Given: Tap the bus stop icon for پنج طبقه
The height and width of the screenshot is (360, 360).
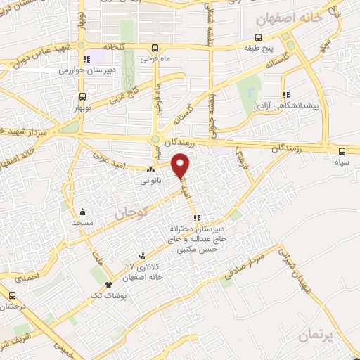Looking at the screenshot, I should [259, 37].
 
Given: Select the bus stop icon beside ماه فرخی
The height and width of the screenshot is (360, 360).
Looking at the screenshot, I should [155, 49].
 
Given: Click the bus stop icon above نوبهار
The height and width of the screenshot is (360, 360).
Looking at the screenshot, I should [83, 96].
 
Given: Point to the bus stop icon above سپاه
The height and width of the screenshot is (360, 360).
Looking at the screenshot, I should [342, 150].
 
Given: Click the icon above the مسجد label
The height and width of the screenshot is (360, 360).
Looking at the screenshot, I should [82, 211].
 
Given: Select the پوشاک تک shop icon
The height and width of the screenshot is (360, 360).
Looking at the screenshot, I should [108, 285].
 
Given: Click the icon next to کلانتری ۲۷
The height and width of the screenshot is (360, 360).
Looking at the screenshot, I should [143, 256].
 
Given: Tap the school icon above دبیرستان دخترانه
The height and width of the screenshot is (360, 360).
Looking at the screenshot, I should [197, 218].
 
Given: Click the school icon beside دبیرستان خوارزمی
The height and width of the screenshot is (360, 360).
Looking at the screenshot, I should [86, 60].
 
